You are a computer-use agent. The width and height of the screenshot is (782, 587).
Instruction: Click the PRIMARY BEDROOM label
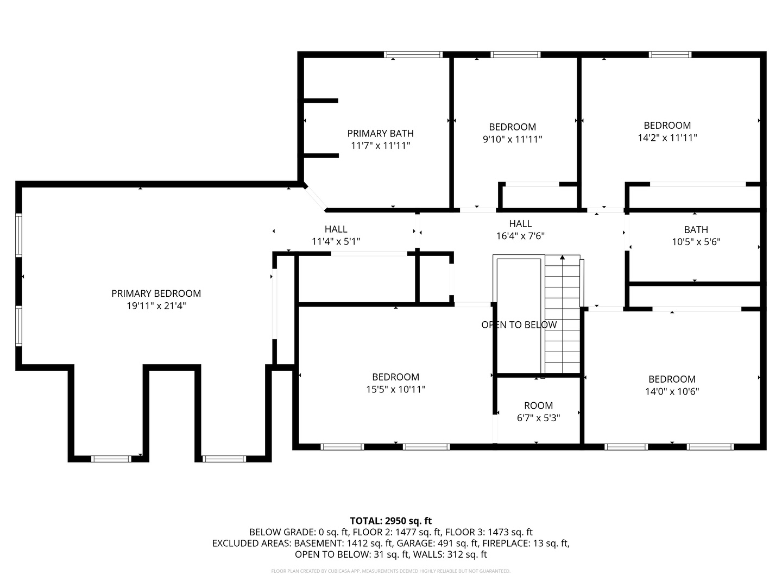tap(156, 293)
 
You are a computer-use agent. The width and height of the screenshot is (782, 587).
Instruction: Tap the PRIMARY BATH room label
tap(380, 133)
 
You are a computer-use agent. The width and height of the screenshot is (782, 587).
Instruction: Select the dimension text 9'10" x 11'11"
tap(512, 139)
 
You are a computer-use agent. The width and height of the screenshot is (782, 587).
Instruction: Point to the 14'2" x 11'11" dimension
tap(667, 138)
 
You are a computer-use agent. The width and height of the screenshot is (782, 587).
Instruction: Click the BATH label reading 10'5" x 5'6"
tap(696, 229)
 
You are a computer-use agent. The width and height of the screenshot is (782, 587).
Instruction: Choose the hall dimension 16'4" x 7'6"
tap(520, 236)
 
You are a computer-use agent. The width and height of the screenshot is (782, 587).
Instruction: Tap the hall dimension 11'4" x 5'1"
tap(336, 242)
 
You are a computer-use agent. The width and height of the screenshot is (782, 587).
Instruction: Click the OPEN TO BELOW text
tap(519, 324)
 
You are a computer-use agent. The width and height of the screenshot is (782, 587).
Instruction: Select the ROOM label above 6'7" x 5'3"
tap(538, 405)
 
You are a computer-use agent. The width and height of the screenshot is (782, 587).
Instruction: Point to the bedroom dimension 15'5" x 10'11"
tap(395, 389)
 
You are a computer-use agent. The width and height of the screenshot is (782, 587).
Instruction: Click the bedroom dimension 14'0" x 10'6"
tap(672, 391)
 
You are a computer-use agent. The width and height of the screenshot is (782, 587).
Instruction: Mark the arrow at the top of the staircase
tap(562, 257)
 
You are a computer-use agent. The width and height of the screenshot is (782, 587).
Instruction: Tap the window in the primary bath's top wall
tap(413, 54)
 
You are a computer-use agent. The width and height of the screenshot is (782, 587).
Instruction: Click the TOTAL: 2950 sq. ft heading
tap(391, 521)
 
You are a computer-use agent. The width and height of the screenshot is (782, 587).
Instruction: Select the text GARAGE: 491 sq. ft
tap(437, 543)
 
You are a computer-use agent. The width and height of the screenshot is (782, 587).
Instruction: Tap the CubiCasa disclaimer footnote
tap(391, 571)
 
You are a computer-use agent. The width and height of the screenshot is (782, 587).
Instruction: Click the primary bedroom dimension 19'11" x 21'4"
tap(156, 306)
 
